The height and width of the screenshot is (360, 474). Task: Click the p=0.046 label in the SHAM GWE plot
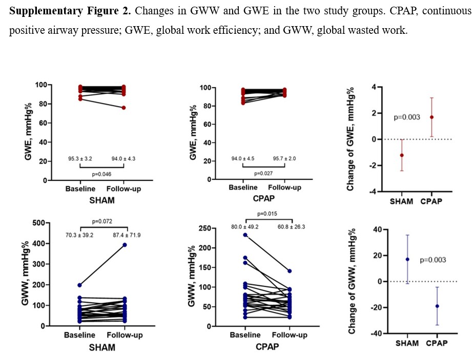102,174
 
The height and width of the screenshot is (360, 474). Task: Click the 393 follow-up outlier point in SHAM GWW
125,245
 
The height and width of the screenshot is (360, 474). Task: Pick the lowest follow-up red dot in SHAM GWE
124,108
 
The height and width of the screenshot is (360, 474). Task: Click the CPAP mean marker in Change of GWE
432,117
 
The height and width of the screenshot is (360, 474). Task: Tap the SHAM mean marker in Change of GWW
407,259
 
